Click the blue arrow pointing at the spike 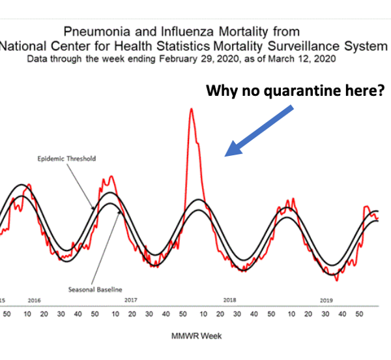point(260,130)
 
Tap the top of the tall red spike point(191,109)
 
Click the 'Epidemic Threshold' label point(67,158)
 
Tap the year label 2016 point(34,301)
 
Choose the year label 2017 point(130,301)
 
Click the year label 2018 point(230,301)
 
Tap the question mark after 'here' point(381,91)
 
